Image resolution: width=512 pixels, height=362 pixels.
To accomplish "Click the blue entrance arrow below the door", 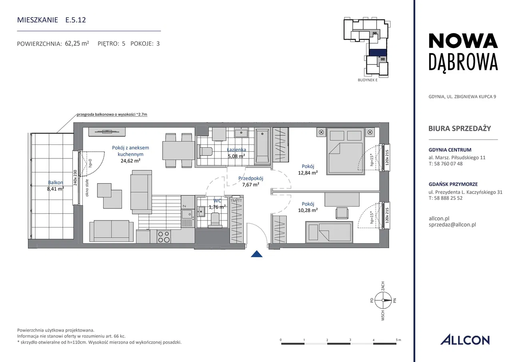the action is click(256, 254).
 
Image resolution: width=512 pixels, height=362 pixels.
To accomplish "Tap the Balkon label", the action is click(55, 182).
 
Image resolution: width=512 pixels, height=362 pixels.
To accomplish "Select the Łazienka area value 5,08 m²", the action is click(236, 156).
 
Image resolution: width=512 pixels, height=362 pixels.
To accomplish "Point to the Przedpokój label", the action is click(251, 178).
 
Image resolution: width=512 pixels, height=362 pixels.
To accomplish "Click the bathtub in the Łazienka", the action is click(262, 146).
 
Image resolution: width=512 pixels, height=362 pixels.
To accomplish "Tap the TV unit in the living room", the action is click(107, 132).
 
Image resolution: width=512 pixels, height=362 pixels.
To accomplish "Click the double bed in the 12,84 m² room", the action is click(345, 151).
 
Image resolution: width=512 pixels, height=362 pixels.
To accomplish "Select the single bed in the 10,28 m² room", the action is click(329, 232).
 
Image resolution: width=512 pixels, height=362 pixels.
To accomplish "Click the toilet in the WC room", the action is click(215, 220).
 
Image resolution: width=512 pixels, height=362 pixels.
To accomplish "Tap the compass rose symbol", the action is click(383, 300).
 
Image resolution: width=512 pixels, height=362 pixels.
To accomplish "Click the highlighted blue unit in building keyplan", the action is click(378, 52).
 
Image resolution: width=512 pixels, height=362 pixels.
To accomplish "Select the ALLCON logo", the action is click(465, 340).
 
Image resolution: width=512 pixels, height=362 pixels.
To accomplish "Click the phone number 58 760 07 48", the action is click(448, 164).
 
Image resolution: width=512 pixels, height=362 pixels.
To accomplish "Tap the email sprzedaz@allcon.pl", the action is click(452, 225).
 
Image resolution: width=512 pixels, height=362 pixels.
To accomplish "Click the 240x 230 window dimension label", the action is click(76, 178).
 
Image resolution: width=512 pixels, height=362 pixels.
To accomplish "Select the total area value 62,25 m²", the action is click(77, 44).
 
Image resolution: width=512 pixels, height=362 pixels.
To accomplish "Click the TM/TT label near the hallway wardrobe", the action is click(236, 201).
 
